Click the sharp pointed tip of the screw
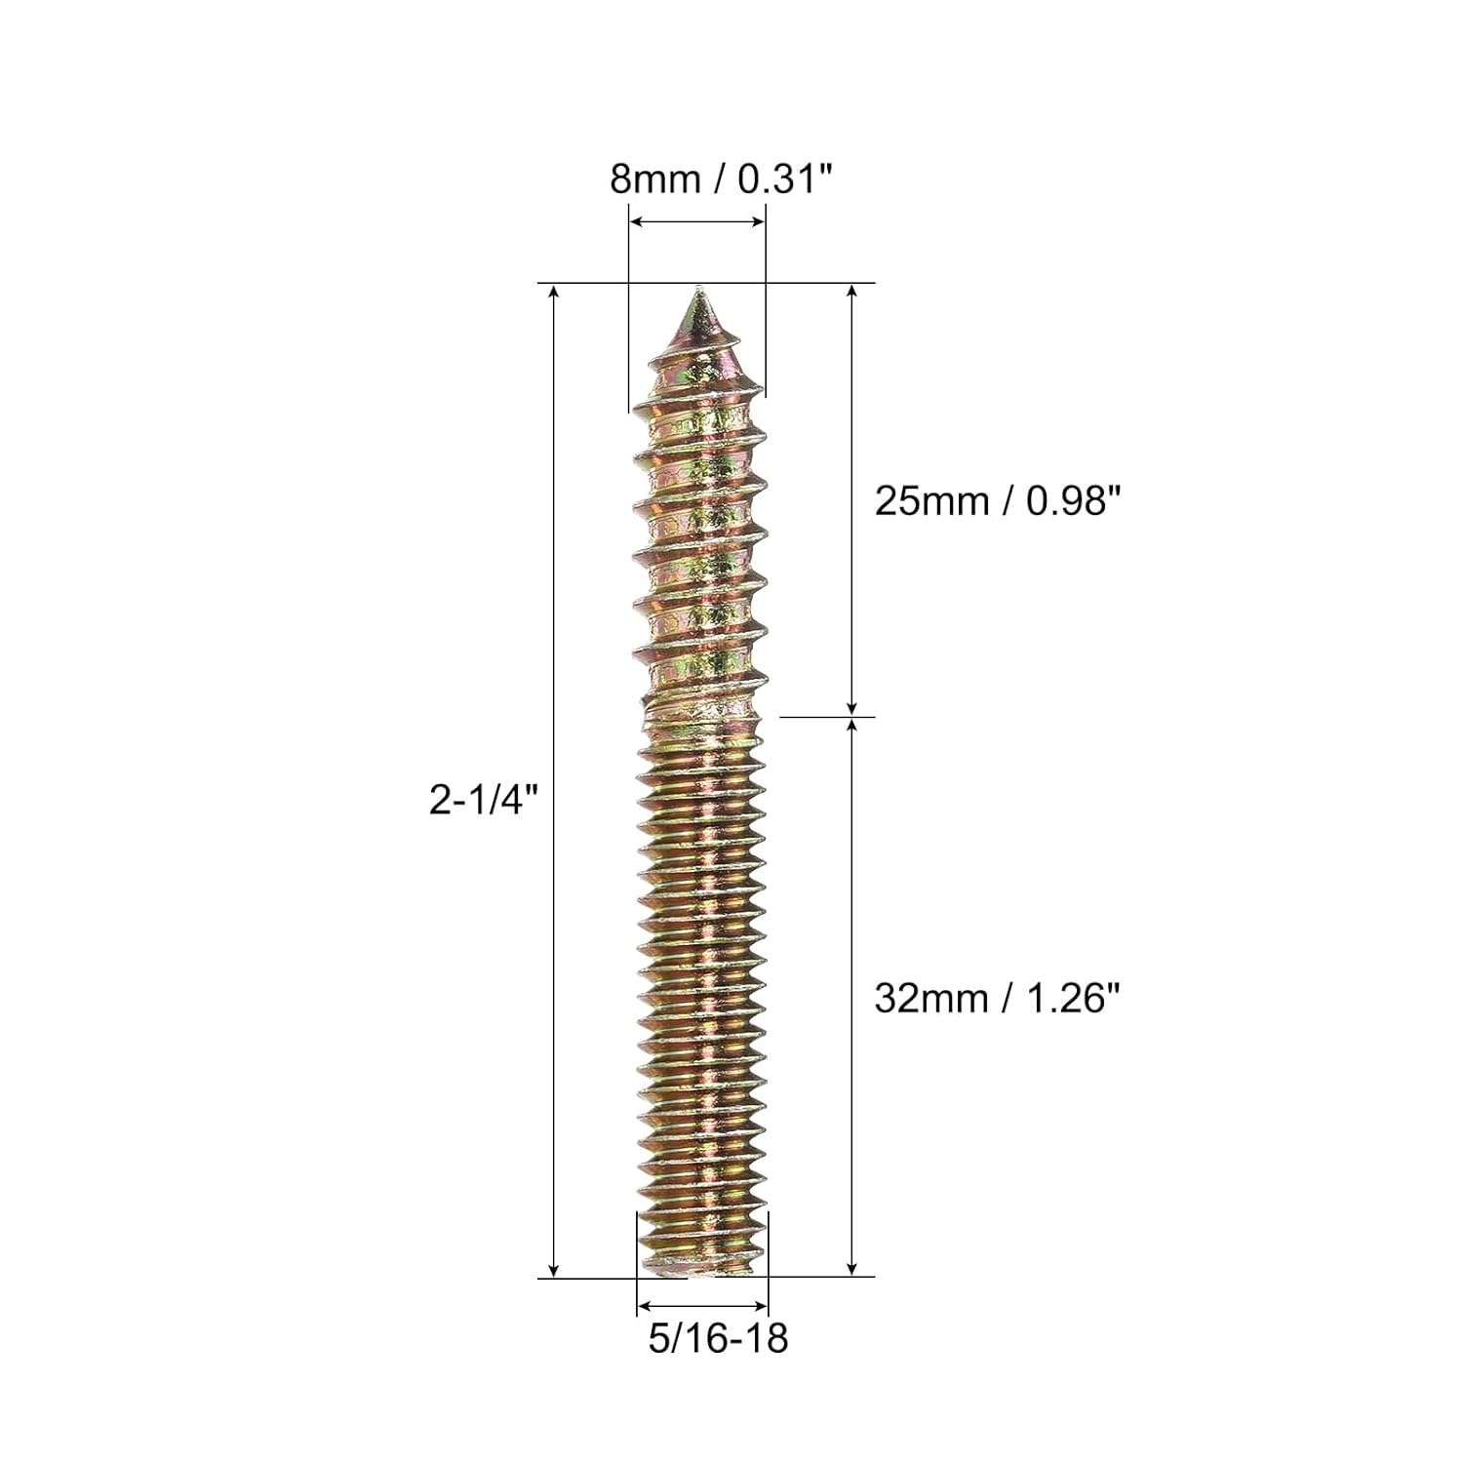coord(697,291)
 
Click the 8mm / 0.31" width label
coord(721,179)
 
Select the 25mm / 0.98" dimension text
coord(992,501)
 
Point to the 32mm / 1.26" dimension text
coord(992,999)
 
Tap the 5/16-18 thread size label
coord(718,1338)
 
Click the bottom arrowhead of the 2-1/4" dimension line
coord(554,1270)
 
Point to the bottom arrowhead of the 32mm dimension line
coord(852,1270)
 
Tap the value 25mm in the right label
coord(929,501)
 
